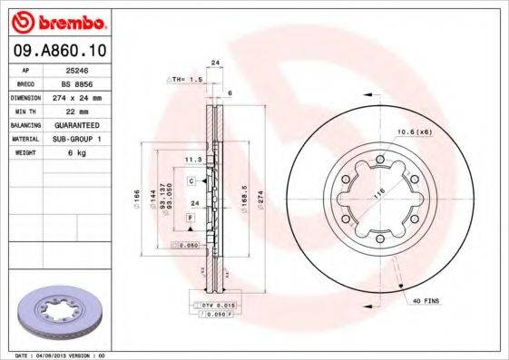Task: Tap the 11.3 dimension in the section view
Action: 191,160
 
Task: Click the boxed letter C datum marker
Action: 192,181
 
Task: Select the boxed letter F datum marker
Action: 190,219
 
